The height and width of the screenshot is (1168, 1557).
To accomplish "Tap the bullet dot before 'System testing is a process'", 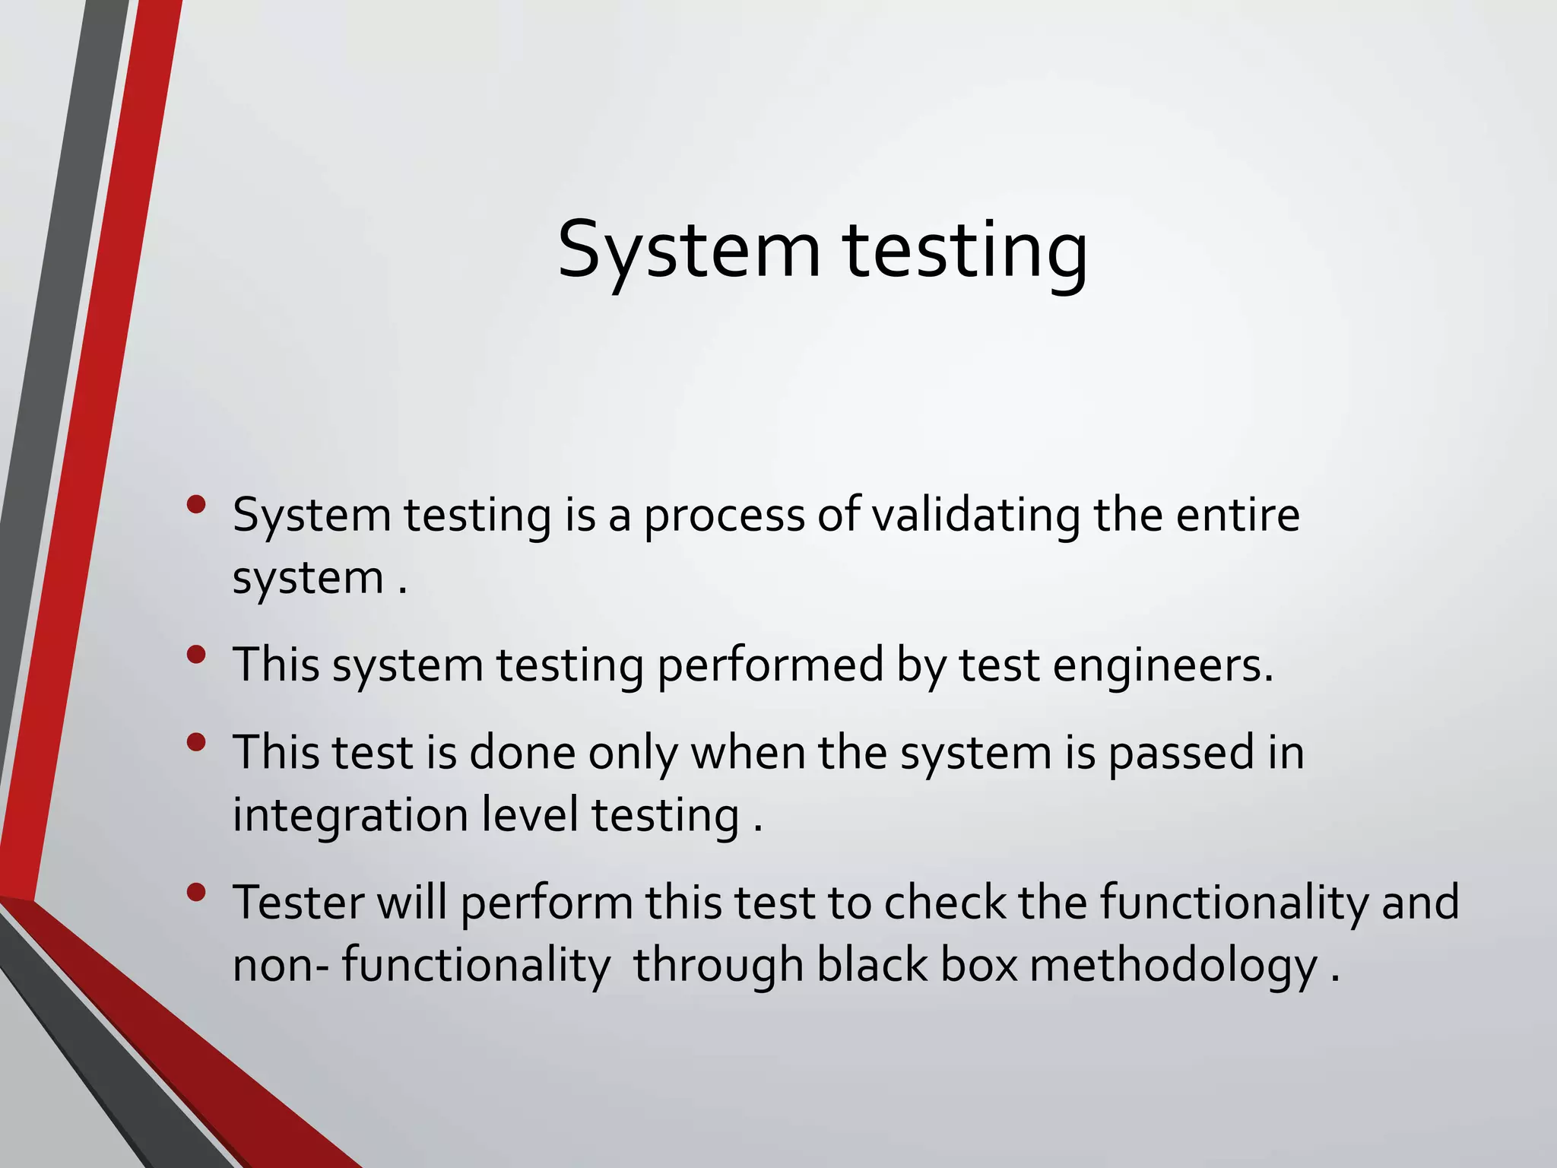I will tap(196, 504).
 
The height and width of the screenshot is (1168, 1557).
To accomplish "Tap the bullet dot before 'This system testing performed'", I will tap(196, 654).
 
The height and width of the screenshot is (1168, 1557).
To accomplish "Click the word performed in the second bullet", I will tap(770, 666).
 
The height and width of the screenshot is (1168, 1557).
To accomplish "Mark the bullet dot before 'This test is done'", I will tap(196, 742).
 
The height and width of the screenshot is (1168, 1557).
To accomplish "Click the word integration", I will tap(350, 817).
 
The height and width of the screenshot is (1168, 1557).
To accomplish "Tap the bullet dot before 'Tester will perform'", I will tap(196, 892).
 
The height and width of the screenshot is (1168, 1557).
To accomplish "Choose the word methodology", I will tap(1174, 967).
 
